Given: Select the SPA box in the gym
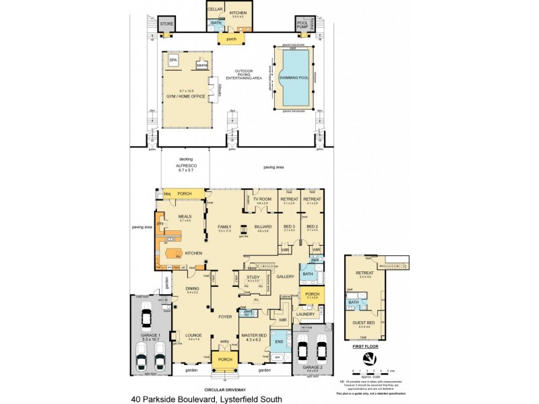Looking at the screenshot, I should tap(174, 59).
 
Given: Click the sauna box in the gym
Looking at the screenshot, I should tap(200, 65).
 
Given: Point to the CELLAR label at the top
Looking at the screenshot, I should tap(215, 9).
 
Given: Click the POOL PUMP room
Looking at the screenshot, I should tap(303, 26).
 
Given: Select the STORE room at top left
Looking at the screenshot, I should tap(166, 25).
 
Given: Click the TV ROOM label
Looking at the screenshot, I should tap(262, 199).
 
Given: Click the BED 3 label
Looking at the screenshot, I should tap(289, 226).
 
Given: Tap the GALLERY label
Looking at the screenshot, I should tap(286, 276).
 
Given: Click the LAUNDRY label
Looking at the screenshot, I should tap(306, 314).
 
